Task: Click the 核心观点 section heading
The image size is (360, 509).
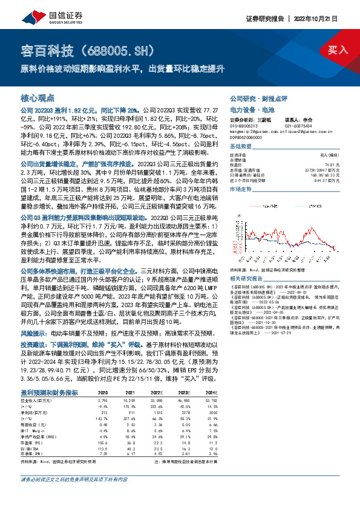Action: tap(38, 97)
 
